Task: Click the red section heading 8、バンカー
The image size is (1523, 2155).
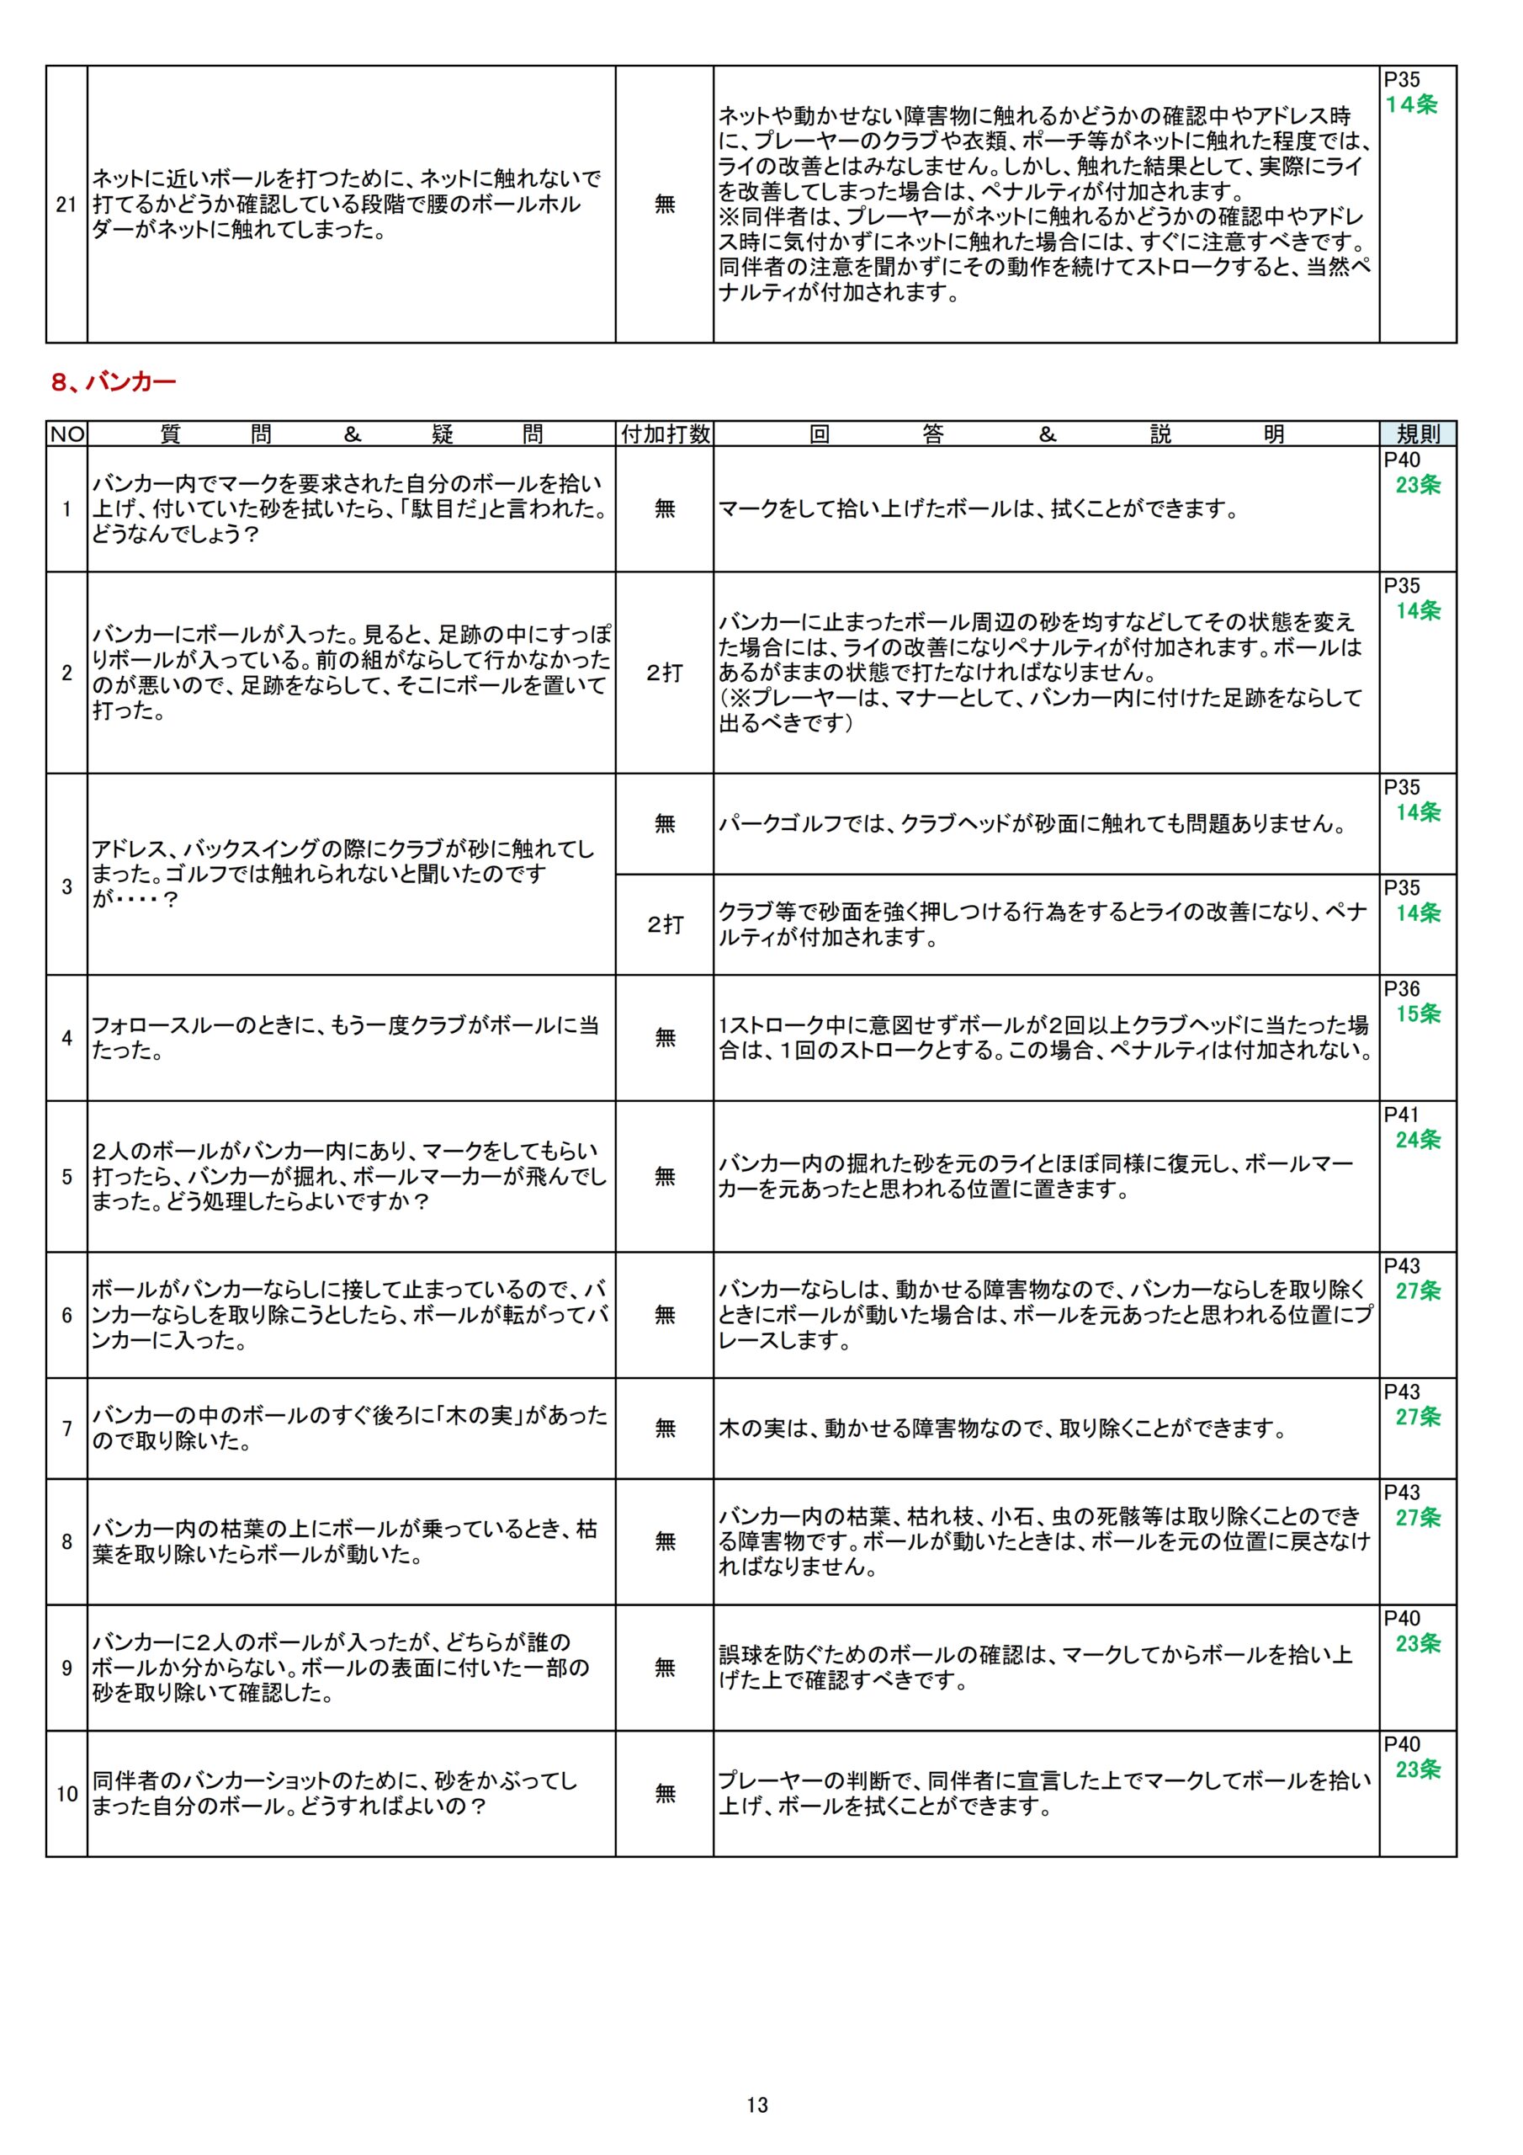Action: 114,382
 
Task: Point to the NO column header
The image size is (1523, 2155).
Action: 66,434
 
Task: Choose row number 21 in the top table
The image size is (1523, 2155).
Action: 66,204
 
